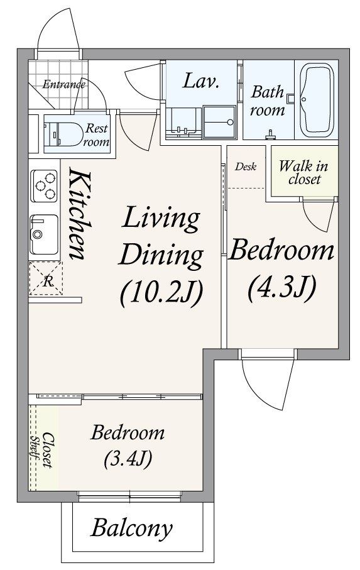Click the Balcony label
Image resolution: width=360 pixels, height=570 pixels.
[x=131, y=528]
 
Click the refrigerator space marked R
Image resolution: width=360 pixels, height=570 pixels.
[x=46, y=278]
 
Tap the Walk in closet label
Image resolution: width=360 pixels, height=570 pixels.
[x=303, y=173]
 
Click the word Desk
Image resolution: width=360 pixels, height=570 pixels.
[x=246, y=167]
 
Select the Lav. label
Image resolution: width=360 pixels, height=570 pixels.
[x=200, y=81]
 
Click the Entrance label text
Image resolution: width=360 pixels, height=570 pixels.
[x=63, y=85]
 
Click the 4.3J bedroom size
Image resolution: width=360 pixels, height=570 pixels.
[x=281, y=288]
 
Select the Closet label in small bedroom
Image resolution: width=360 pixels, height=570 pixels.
[x=48, y=450]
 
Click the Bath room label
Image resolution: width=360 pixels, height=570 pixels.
[x=268, y=101]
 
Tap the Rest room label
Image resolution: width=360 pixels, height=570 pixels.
[x=96, y=135]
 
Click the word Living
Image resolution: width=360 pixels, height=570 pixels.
[x=161, y=219]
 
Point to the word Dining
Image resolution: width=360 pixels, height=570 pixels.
[x=160, y=256]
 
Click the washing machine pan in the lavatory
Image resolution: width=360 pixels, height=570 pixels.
[x=219, y=122]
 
